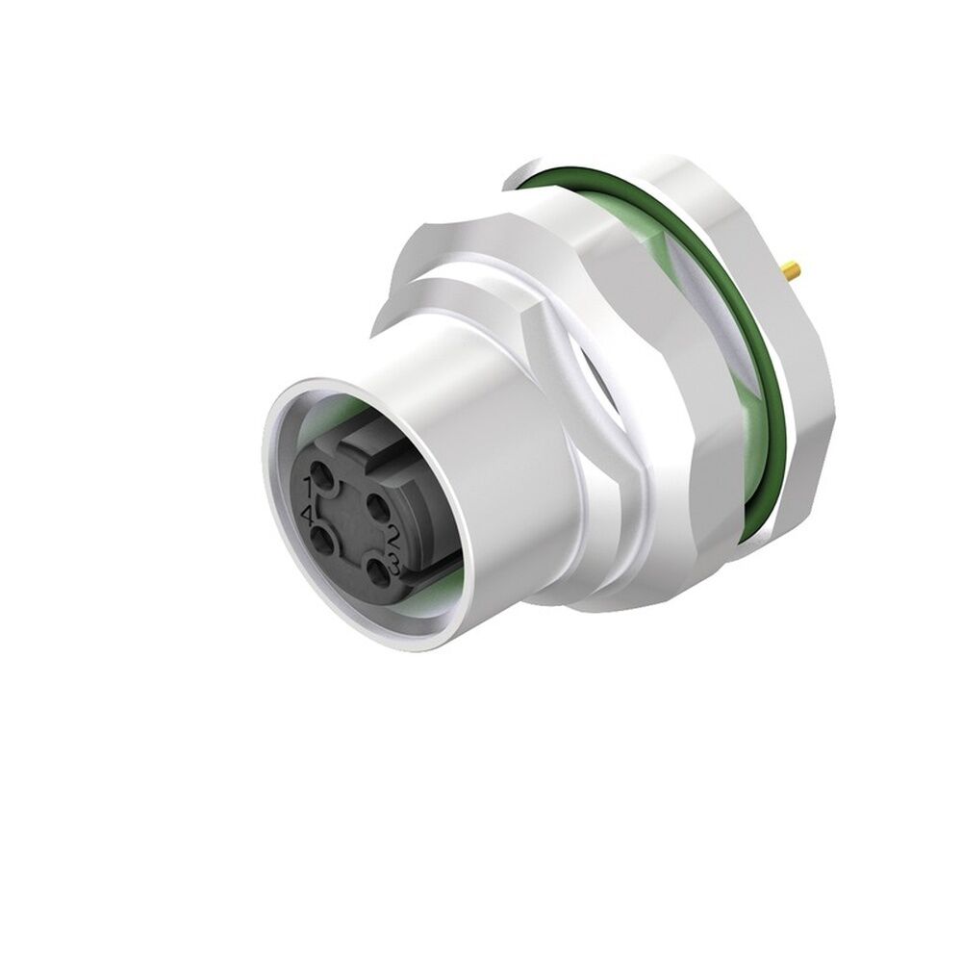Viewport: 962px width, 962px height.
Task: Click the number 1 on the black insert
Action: tap(310, 484)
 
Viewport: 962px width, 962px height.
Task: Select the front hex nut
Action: tap(500, 279)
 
